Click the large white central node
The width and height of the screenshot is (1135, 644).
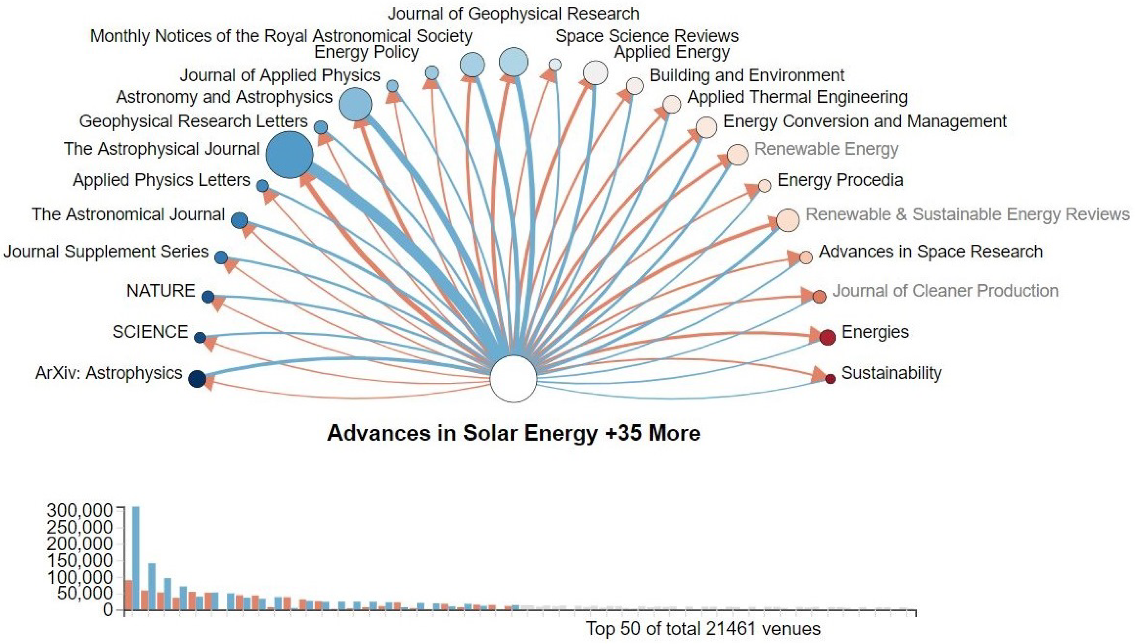[x=513, y=379]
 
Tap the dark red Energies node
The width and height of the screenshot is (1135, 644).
[x=827, y=337]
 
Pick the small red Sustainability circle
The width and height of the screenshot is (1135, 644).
[x=830, y=379]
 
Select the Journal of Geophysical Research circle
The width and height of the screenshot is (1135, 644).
[x=513, y=62]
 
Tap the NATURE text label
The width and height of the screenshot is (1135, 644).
[x=160, y=291]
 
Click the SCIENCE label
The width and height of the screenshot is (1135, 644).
[x=150, y=332]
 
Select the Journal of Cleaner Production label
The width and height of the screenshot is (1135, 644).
[x=945, y=291]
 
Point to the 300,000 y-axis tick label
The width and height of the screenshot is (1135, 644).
[x=80, y=511]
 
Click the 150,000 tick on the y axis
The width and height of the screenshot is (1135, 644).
[x=80, y=560]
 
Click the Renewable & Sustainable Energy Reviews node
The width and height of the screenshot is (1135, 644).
[x=788, y=220]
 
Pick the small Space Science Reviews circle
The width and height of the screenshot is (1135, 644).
[x=555, y=65]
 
